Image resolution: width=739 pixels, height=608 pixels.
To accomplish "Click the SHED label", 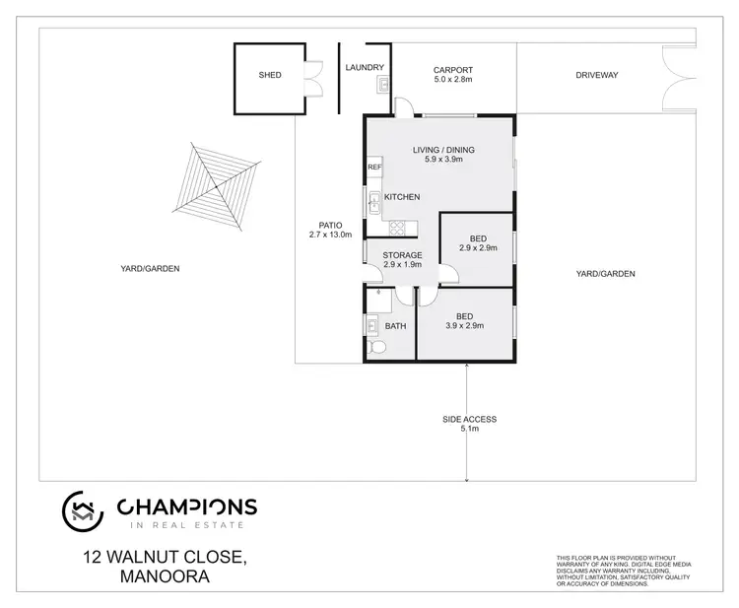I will click(270, 75).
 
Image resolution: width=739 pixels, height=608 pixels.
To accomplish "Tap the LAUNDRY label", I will click(364, 68).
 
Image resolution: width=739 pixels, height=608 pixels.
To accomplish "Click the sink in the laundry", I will click(382, 86).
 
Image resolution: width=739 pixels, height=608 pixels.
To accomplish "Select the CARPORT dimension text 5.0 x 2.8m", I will click(453, 80).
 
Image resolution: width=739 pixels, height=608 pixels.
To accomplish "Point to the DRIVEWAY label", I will click(597, 75).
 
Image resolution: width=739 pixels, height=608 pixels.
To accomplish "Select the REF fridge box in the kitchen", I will click(374, 168).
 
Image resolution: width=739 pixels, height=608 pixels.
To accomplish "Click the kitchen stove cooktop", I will click(397, 228).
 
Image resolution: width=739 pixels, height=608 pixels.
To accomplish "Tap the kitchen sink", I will click(374, 204).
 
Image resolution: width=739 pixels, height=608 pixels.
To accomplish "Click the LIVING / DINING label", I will click(443, 150).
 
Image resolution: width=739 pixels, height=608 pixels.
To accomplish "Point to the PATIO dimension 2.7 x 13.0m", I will click(329, 235).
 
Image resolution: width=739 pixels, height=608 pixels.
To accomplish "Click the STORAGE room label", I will click(402, 256).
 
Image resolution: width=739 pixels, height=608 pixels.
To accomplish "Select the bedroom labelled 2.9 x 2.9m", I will click(477, 243).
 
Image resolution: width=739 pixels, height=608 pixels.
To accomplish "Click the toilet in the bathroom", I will click(376, 348).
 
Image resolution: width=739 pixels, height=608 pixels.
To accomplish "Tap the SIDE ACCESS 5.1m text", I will click(469, 424).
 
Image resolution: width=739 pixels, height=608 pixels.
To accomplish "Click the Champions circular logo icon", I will click(83, 508).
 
